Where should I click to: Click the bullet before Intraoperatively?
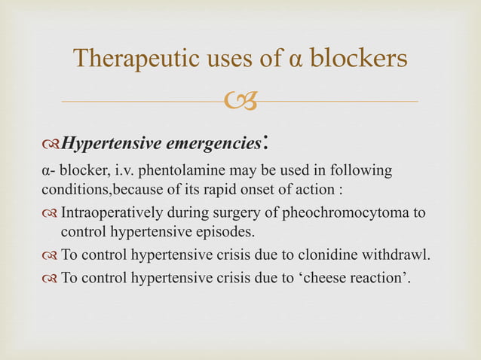[x=50, y=214]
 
